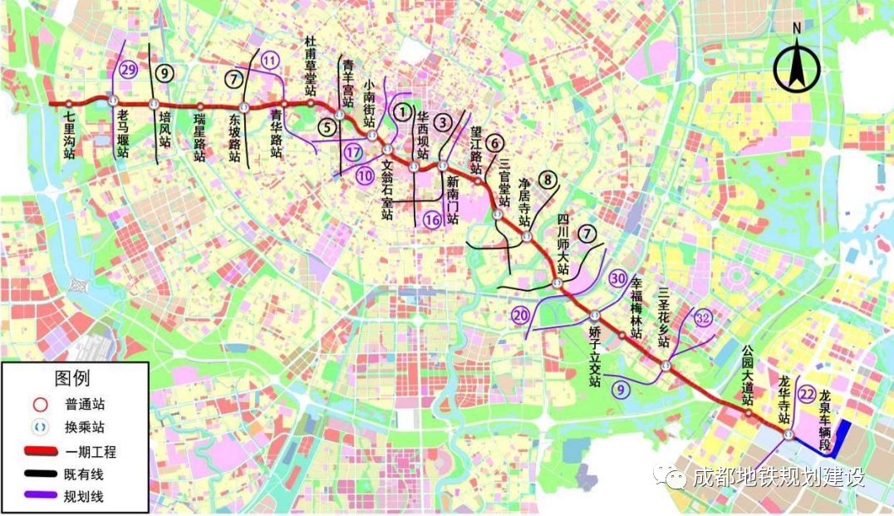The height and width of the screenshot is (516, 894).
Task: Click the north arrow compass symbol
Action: [x=796, y=65]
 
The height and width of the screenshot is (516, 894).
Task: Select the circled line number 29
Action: [x=128, y=70]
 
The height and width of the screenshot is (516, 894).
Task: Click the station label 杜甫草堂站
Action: [x=310, y=59]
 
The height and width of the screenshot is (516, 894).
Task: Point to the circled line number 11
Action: [x=270, y=60]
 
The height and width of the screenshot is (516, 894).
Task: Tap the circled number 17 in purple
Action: [x=354, y=152]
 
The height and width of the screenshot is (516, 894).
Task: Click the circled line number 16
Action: [x=431, y=219]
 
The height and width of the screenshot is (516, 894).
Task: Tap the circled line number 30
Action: [x=618, y=278]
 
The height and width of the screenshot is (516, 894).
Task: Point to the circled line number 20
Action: [x=520, y=315]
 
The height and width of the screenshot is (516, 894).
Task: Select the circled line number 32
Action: [x=703, y=317]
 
